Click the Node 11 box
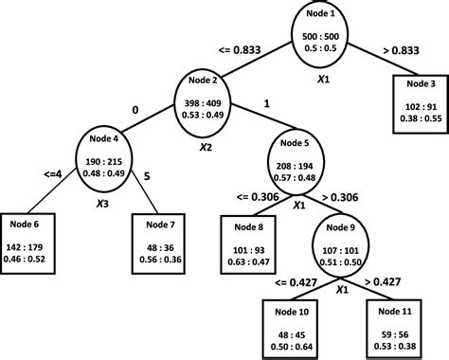tap(396, 322)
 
